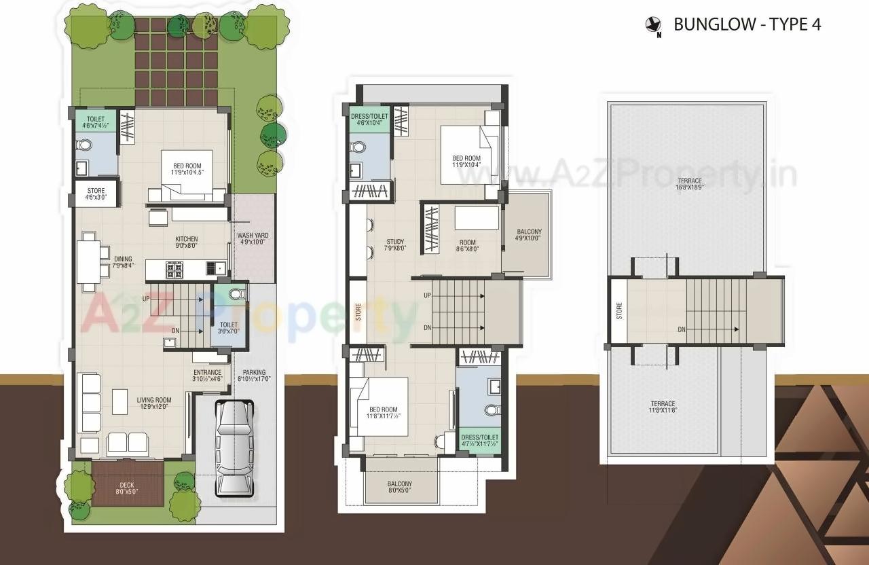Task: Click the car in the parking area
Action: [x=234, y=448]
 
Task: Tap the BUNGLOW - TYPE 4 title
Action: [x=747, y=24]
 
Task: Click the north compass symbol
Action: [x=653, y=26]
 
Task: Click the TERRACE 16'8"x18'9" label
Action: [x=688, y=183]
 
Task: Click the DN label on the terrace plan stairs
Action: [x=680, y=329]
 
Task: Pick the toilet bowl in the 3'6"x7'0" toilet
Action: [x=235, y=295]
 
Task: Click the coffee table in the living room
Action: [x=120, y=401]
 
